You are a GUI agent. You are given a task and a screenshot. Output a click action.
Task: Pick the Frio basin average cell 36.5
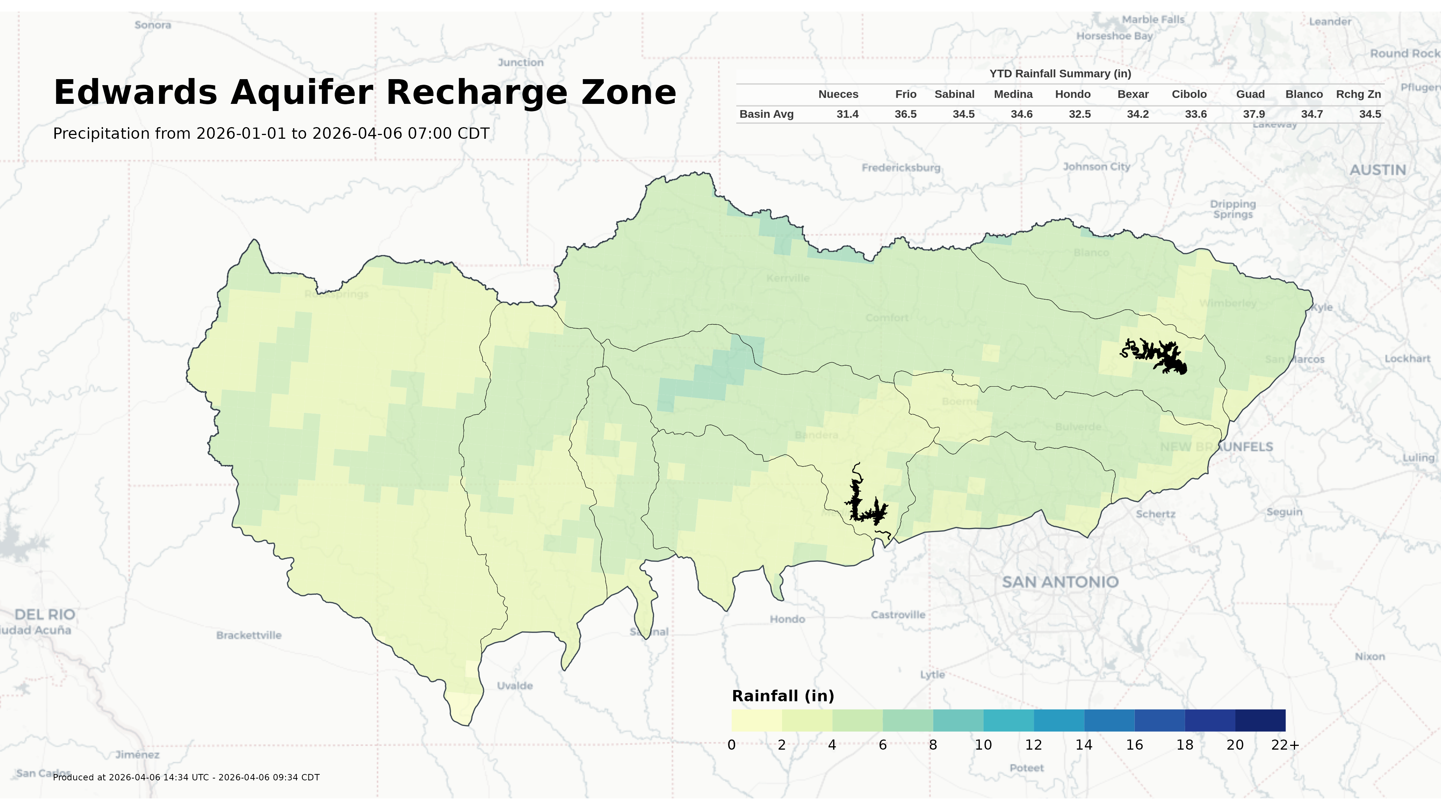point(905,114)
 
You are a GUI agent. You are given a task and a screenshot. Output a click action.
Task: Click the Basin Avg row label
point(766,114)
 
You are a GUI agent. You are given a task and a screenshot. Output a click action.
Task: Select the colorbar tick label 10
point(983,745)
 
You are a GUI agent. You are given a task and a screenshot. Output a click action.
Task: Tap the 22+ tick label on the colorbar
point(1285,745)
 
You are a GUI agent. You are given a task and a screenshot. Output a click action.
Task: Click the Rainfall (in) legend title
point(782,696)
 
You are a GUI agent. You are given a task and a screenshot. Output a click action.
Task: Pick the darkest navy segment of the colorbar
point(1260,720)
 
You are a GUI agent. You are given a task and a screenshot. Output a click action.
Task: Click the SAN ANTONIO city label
point(1060,582)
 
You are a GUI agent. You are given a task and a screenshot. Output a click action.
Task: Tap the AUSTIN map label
point(1377,170)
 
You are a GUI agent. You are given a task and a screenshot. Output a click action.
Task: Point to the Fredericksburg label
point(901,168)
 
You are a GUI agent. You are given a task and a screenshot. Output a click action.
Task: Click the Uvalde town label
point(514,685)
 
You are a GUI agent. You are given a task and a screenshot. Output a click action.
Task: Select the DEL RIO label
point(45,614)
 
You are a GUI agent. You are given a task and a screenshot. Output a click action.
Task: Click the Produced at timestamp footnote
point(186,777)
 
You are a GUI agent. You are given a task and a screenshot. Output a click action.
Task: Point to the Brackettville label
point(249,635)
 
